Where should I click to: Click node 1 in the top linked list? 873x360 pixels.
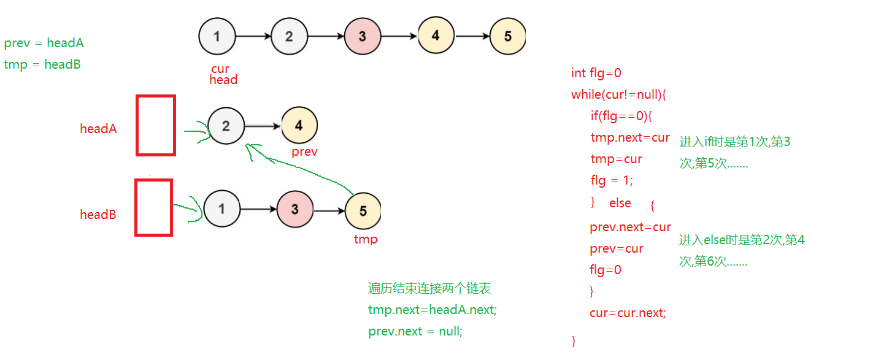217,36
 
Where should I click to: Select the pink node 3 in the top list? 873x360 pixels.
363,36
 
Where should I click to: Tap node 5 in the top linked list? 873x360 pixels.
507,36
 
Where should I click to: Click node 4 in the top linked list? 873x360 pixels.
436,35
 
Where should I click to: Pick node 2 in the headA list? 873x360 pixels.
226,126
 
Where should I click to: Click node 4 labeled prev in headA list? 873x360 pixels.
299,125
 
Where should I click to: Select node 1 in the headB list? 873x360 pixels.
221,209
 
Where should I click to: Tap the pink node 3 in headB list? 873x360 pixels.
294,209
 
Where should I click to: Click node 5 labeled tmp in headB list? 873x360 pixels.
363,211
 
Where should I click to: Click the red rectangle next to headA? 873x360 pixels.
156,125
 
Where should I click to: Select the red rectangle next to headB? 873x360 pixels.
153,207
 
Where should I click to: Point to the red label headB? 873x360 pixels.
98,215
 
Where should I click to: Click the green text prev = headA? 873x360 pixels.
44,43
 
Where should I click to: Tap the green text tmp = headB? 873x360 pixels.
42,64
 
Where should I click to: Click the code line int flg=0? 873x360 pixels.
596,73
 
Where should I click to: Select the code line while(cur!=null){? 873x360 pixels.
618,94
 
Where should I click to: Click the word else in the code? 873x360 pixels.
620,203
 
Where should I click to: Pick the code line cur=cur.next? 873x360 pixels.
628,313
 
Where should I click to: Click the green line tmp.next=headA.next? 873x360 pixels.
433,310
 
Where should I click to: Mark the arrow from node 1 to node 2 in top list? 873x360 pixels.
253,36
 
